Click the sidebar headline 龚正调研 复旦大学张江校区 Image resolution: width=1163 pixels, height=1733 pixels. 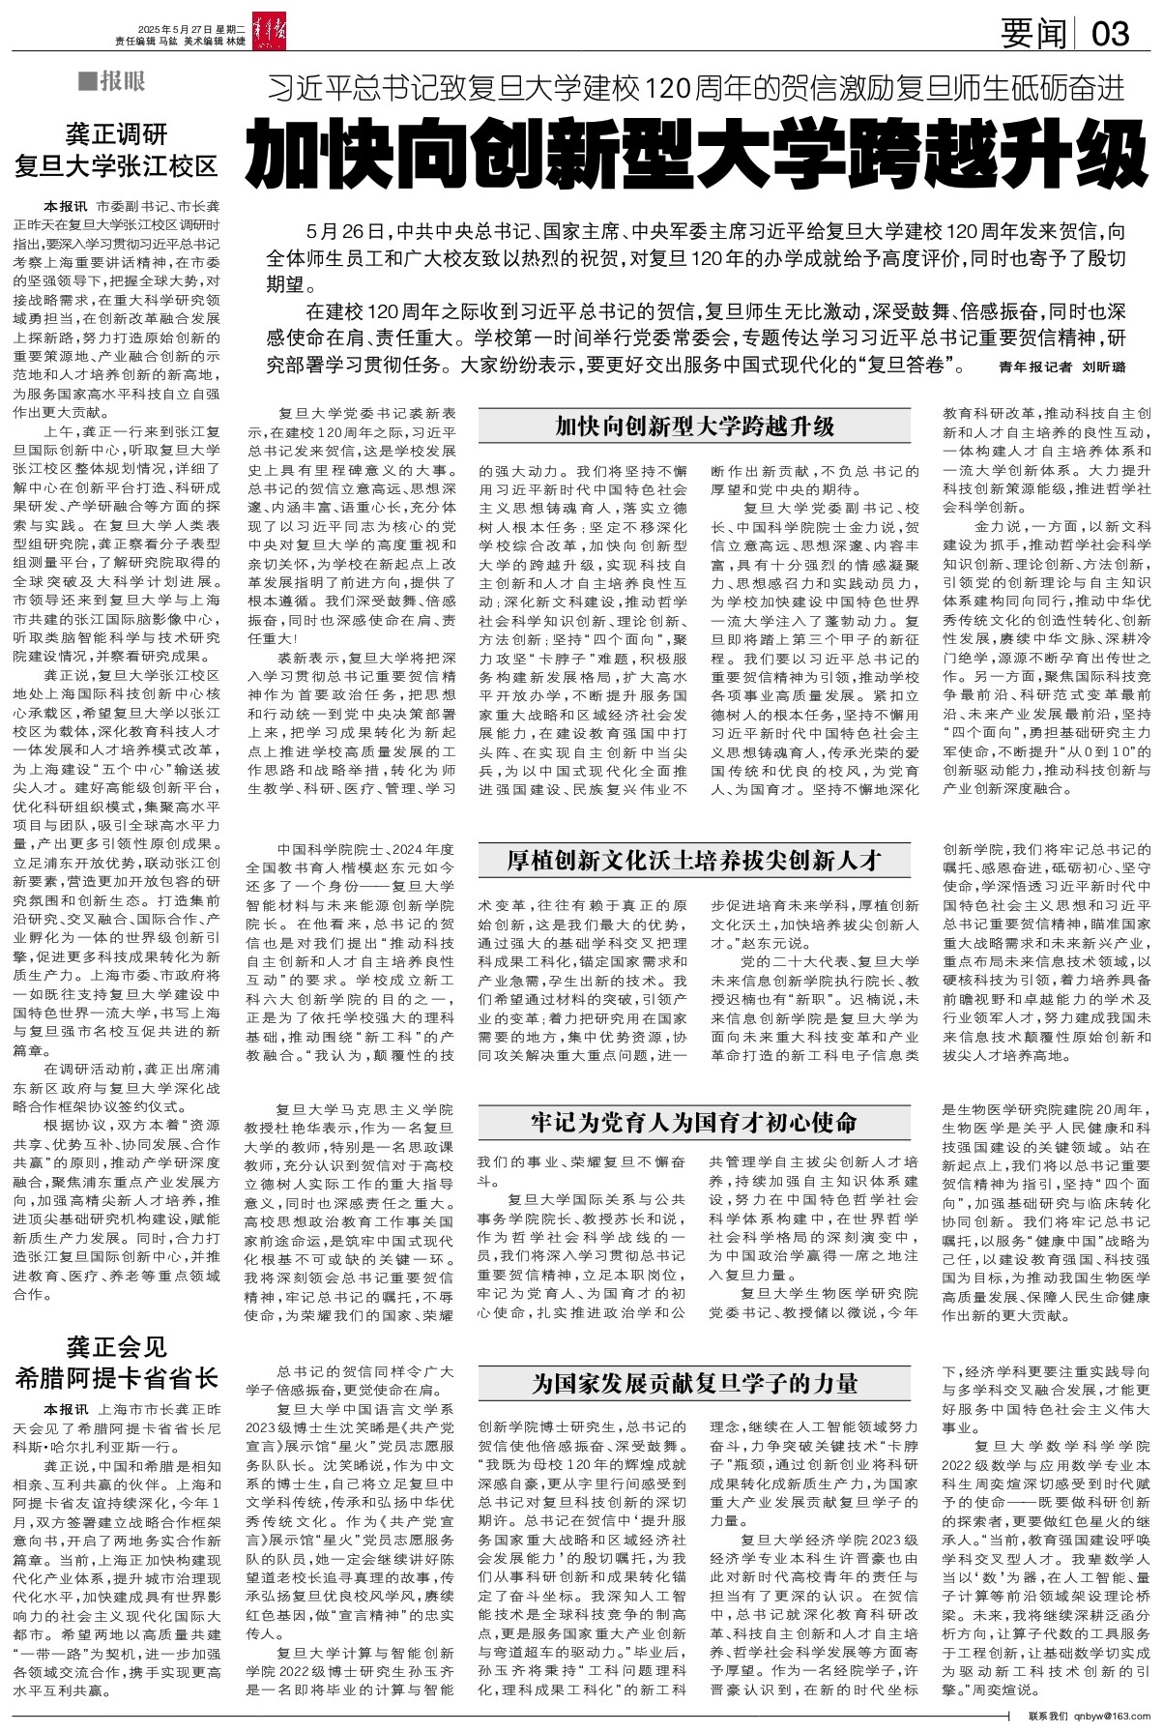pos(116,148)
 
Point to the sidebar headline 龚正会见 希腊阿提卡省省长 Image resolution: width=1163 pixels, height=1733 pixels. pos(116,1362)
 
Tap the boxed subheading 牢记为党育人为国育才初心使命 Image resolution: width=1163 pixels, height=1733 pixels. pos(694,1123)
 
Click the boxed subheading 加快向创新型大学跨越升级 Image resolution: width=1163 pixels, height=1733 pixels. pos(694,426)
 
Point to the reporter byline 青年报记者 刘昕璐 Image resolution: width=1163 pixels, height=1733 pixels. pos(1061,367)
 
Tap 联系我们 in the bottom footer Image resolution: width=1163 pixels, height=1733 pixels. pos(1049,1715)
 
